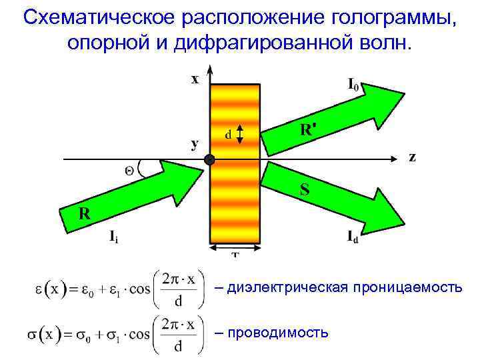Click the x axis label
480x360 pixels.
(195, 79)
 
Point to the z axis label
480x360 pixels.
(413, 157)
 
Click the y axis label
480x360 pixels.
(195, 144)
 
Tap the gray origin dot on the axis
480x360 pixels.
(210, 160)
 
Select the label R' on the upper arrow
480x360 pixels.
(305, 131)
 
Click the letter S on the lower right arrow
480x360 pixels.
(304, 190)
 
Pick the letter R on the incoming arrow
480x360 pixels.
(85, 213)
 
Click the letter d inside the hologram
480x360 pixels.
(228, 135)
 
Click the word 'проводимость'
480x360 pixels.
(279, 331)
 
